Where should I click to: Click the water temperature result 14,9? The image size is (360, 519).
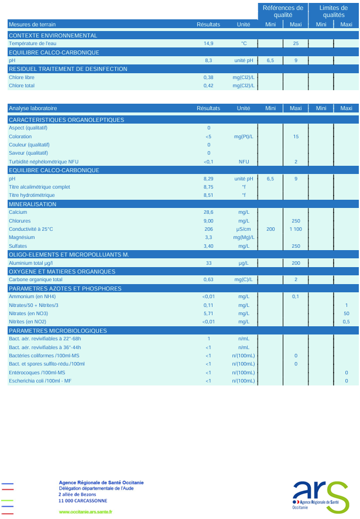click(208, 44)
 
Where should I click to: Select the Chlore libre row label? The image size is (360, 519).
click(22, 77)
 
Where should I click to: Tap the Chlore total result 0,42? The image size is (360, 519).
click(208, 86)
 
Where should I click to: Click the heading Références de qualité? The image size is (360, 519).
click(283, 12)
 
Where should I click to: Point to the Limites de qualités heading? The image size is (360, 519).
click(334, 12)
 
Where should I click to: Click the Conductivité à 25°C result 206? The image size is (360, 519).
click(208, 229)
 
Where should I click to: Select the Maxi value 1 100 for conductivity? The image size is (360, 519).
click(296, 229)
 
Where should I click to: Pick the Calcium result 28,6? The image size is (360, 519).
click(208, 212)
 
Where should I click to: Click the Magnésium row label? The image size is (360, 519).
click(20, 237)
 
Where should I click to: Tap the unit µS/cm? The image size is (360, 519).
click(244, 229)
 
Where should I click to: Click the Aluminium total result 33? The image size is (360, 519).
click(209, 264)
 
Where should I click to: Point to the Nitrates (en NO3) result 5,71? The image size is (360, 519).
click(208, 313)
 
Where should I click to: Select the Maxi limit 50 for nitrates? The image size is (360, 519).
click(347, 313)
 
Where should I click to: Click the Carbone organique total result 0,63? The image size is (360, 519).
click(208, 280)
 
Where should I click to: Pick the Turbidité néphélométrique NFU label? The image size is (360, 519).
click(43, 162)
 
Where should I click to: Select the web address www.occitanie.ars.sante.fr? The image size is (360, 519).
click(85, 511)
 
